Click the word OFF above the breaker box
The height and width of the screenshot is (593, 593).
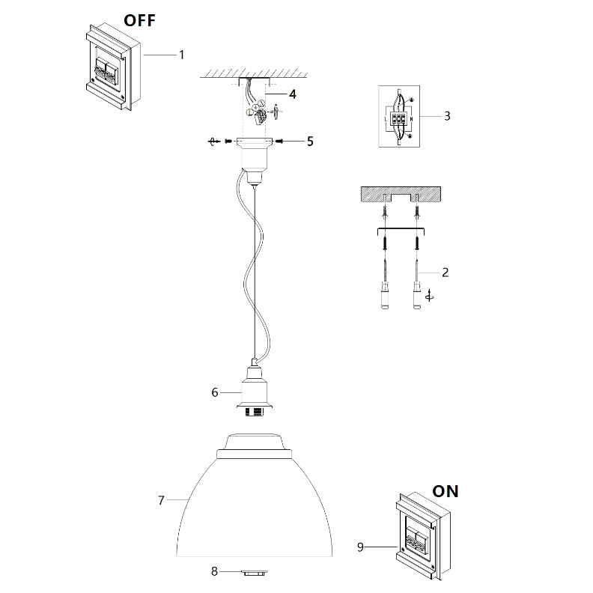[139, 20]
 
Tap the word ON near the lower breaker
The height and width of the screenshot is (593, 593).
[445, 492]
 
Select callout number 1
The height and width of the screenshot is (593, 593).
[181, 55]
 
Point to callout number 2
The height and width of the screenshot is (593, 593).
[445, 272]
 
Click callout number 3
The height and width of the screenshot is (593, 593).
[446, 116]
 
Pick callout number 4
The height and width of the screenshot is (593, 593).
[293, 94]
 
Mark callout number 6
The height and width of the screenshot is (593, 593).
[214, 392]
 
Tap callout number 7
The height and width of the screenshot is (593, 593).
[161, 500]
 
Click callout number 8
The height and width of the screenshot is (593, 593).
[214, 571]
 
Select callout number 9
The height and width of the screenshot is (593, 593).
[360, 547]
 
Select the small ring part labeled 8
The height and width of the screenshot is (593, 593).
[255, 572]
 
